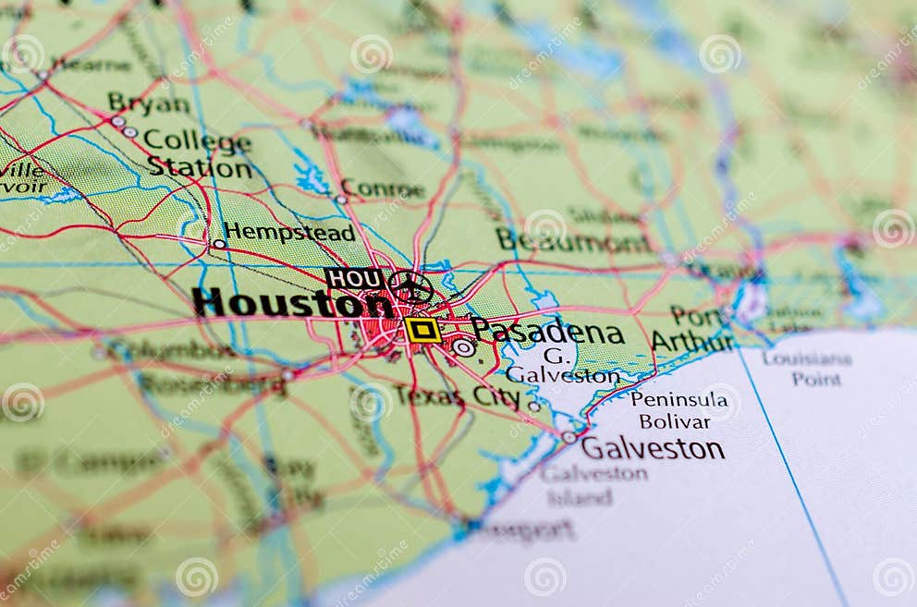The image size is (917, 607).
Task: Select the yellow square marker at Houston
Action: click(422, 330)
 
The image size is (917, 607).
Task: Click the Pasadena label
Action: click(547, 331)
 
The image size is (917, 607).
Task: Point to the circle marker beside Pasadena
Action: click(464, 347)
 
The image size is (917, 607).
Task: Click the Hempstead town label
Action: click(289, 231)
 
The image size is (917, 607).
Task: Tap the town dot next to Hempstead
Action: click(219, 244)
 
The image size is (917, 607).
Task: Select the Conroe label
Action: click(383, 189)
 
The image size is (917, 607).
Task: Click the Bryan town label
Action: click(148, 103)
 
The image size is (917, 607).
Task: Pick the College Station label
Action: click(198, 153)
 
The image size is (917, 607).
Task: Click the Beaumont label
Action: click(573, 241)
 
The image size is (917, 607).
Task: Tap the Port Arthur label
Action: click(692, 329)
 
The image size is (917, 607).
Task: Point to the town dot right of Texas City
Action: click(533, 406)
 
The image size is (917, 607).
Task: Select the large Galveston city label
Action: click(653, 449)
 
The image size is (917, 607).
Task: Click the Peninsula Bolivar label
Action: click(678, 410)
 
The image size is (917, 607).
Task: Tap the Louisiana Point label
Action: click(806, 369)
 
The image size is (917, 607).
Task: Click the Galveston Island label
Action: click(593, 485)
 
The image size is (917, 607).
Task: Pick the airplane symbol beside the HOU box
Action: click(410, 285)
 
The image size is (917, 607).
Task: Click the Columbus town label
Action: click(172, 350)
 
